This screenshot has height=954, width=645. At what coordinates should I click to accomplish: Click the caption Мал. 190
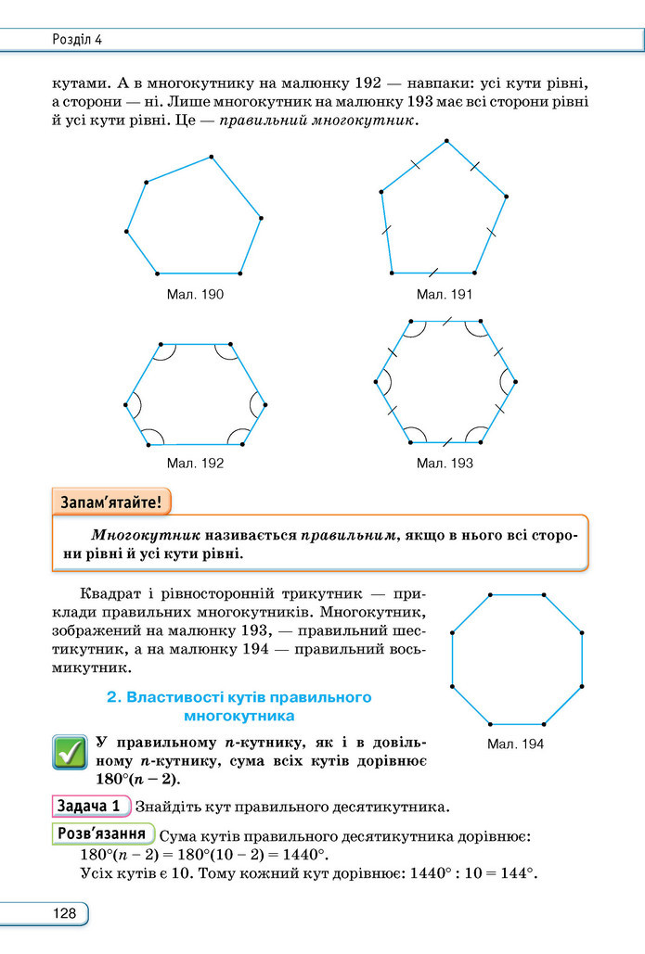click(x=195, y=295)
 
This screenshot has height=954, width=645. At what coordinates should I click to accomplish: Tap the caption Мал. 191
click(x=445, y=295)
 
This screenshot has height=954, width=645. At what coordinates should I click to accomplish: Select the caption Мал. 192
click(x=195, y=463)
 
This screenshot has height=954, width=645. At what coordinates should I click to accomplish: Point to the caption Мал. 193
click(x=445, y=463)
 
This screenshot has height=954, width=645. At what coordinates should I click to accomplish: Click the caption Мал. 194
click(x=515, y=744)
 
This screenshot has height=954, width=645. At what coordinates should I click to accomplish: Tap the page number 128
click(x=65, y=913)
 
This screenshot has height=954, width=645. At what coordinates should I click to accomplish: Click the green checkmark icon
click(x=70, y=752)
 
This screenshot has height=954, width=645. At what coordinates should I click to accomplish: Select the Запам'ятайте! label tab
click(x=111, y=502)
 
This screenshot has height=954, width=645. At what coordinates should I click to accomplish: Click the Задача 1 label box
click(x=92, y=807)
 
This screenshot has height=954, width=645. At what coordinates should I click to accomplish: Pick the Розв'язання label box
click(x=103, y=833)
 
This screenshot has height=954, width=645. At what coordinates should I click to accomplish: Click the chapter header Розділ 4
click(x=77, y=40)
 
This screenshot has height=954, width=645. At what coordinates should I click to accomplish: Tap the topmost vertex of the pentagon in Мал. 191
click(x=446, y=141)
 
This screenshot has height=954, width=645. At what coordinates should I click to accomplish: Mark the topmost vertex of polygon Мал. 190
click(x=212, y=157)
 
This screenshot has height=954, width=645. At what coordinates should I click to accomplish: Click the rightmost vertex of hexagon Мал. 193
click(x=515, y=382)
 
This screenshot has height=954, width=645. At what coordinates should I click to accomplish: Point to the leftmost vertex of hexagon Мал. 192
click(x=126, y=404)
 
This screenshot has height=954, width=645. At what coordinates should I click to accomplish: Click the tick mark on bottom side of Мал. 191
click(x=433, y=273)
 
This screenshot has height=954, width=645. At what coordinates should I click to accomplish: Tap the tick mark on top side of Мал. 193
click(x=446, y=321)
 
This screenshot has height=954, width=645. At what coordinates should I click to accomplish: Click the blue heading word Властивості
click(x=174, y=697)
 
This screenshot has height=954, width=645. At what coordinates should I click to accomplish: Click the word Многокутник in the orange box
click(x=146, y=536)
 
